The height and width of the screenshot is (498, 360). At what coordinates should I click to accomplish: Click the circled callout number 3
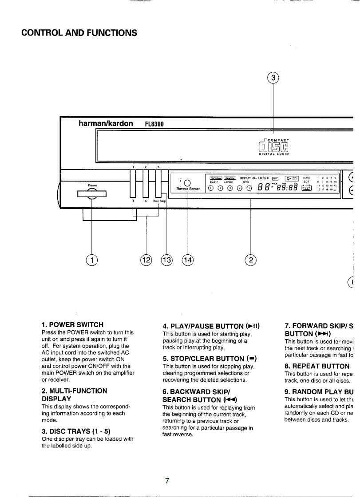274,78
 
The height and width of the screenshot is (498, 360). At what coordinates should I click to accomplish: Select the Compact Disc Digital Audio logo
273,146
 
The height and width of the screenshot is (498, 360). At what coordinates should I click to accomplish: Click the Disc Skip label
159,201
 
